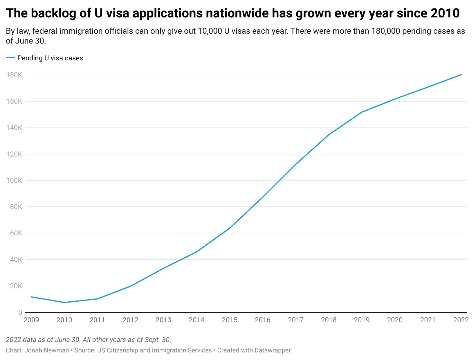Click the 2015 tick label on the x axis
(230, 320)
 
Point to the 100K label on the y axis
(14, 181)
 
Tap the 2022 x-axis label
(461, 320)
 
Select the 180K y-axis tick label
(14, 75)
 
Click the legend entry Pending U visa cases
(50, 58)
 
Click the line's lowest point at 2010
(64, 303)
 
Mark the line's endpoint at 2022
(461, 75)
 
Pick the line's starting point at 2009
(31, 297)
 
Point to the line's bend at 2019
(362, 112)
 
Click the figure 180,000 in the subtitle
(386, 31)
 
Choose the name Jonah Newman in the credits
(46, 350)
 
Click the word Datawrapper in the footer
(272, 350)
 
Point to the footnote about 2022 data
(89, 340)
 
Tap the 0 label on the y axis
(20, 312)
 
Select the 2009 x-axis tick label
(31, 320)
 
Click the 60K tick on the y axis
(16, 233)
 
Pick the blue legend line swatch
(10, 58)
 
